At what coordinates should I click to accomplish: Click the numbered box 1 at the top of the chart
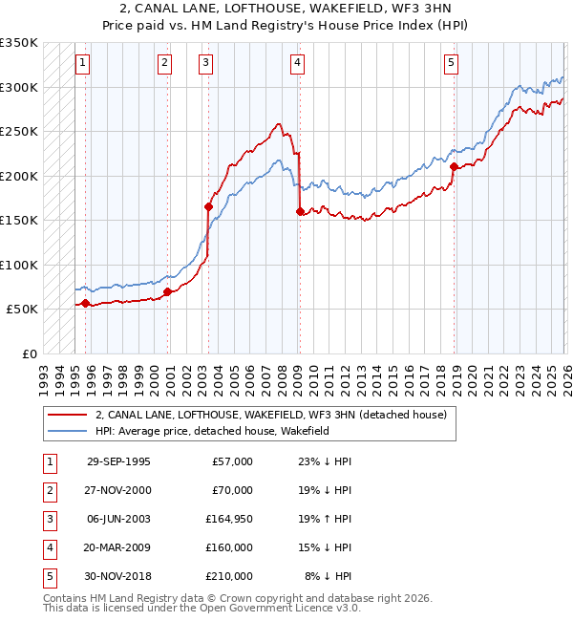tap(83, 63)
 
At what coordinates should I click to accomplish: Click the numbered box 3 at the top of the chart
tap(206, 63)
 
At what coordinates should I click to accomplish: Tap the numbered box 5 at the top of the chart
tap(451, 63)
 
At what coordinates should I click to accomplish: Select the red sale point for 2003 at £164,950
tap(208, 206)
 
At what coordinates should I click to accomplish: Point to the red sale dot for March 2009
tap(300, 211)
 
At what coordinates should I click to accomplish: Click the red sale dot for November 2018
tap(454, 166)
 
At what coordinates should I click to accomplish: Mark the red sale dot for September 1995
tap(85, 303)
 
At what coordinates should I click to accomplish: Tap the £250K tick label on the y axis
tap(19, 131)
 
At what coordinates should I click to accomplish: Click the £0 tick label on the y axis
tap(29, 353)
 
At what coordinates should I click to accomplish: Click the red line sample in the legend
tap(67, 415)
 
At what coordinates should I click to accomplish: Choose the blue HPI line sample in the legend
tap(67, 431)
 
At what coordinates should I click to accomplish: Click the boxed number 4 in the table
tap(47, 547)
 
